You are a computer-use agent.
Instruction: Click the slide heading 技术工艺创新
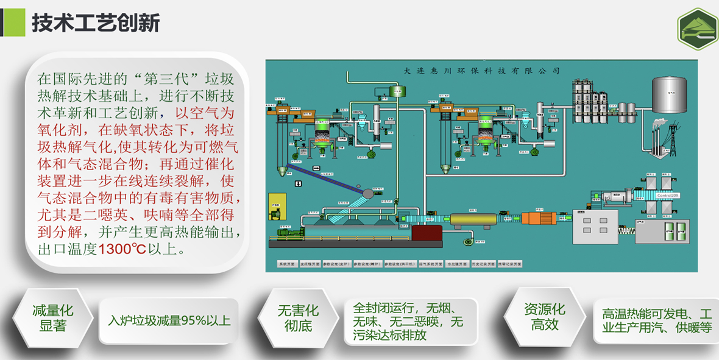(x=96, y=23)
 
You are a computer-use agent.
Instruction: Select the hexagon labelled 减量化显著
(x=52, y=319)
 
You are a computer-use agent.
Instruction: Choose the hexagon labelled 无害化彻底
(x=298, y=319)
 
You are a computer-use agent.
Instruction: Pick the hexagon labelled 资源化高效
(x=544, y=317)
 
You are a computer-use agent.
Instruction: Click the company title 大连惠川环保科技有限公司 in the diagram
(x=481, y=70)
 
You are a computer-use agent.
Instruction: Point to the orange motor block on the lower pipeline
(x=539, y=219)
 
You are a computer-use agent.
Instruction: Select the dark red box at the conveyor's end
(x=426, y=233)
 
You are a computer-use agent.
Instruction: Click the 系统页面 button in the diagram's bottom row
(x=286, y=264)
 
